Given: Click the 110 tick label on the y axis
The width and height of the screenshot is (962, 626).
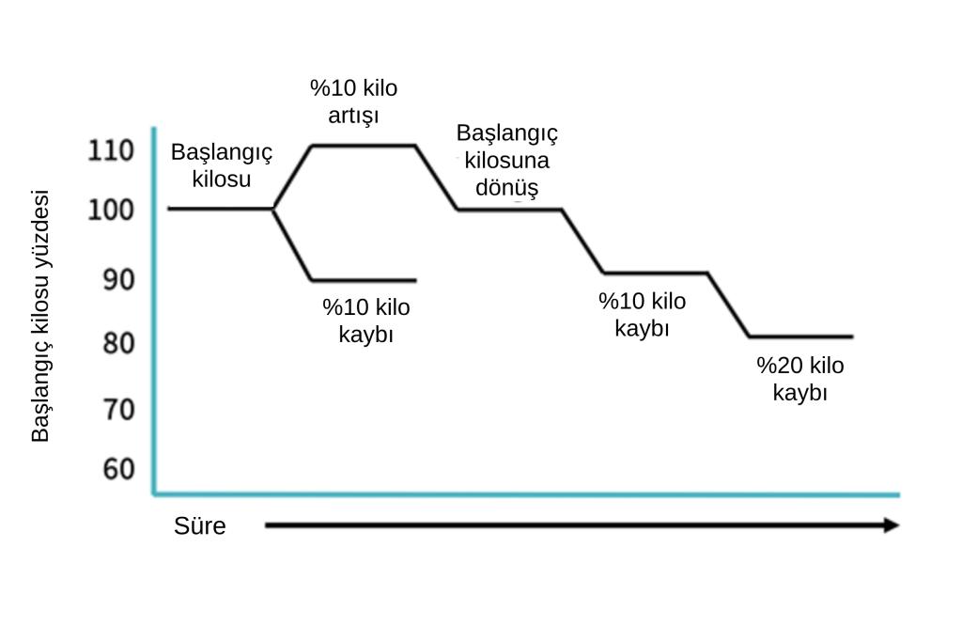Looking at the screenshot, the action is [x=111, y=150].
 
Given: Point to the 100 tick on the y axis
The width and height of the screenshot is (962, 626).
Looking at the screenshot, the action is [x=111, y=210].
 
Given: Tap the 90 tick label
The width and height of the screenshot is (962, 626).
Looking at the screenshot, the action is [x=118, y=279].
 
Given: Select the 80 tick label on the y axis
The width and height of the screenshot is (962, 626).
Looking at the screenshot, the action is [x=118, y=343].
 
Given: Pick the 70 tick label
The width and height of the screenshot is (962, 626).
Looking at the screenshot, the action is [x=118, y=410].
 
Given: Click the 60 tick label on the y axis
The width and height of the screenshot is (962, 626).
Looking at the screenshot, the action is [x=118, y=469].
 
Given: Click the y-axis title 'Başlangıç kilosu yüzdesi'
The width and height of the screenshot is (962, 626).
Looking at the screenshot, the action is [x=39, y=316].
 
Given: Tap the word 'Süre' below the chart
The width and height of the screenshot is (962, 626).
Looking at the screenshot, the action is [x=199, y=526].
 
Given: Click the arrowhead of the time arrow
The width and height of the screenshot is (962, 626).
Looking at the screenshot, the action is [x=892, y=524].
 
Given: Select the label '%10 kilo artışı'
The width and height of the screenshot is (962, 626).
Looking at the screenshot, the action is [x=353, y=102].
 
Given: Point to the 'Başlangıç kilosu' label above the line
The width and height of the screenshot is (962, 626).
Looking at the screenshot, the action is [x=222, y=165].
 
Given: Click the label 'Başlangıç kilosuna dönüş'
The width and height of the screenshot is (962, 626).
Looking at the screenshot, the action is [x=506, y=160].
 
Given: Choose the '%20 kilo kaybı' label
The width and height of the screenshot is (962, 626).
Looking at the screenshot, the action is [x=800, y=379].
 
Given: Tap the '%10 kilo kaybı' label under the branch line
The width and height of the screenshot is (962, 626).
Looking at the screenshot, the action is [x=366, y=321].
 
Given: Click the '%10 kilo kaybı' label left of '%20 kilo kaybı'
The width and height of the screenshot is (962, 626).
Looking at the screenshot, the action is [x=642, y=314].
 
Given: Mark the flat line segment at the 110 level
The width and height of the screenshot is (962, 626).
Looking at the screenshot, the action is [x=364, y=146].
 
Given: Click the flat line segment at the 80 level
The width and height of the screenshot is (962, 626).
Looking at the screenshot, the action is [x=801, y=336].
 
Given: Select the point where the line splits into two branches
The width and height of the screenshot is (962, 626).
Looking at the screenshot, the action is [x=273, y=210].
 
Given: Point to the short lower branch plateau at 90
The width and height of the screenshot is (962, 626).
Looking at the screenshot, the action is [x=365, y=280].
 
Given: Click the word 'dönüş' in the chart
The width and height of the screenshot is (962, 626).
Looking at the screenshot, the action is [x=506, y=188].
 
